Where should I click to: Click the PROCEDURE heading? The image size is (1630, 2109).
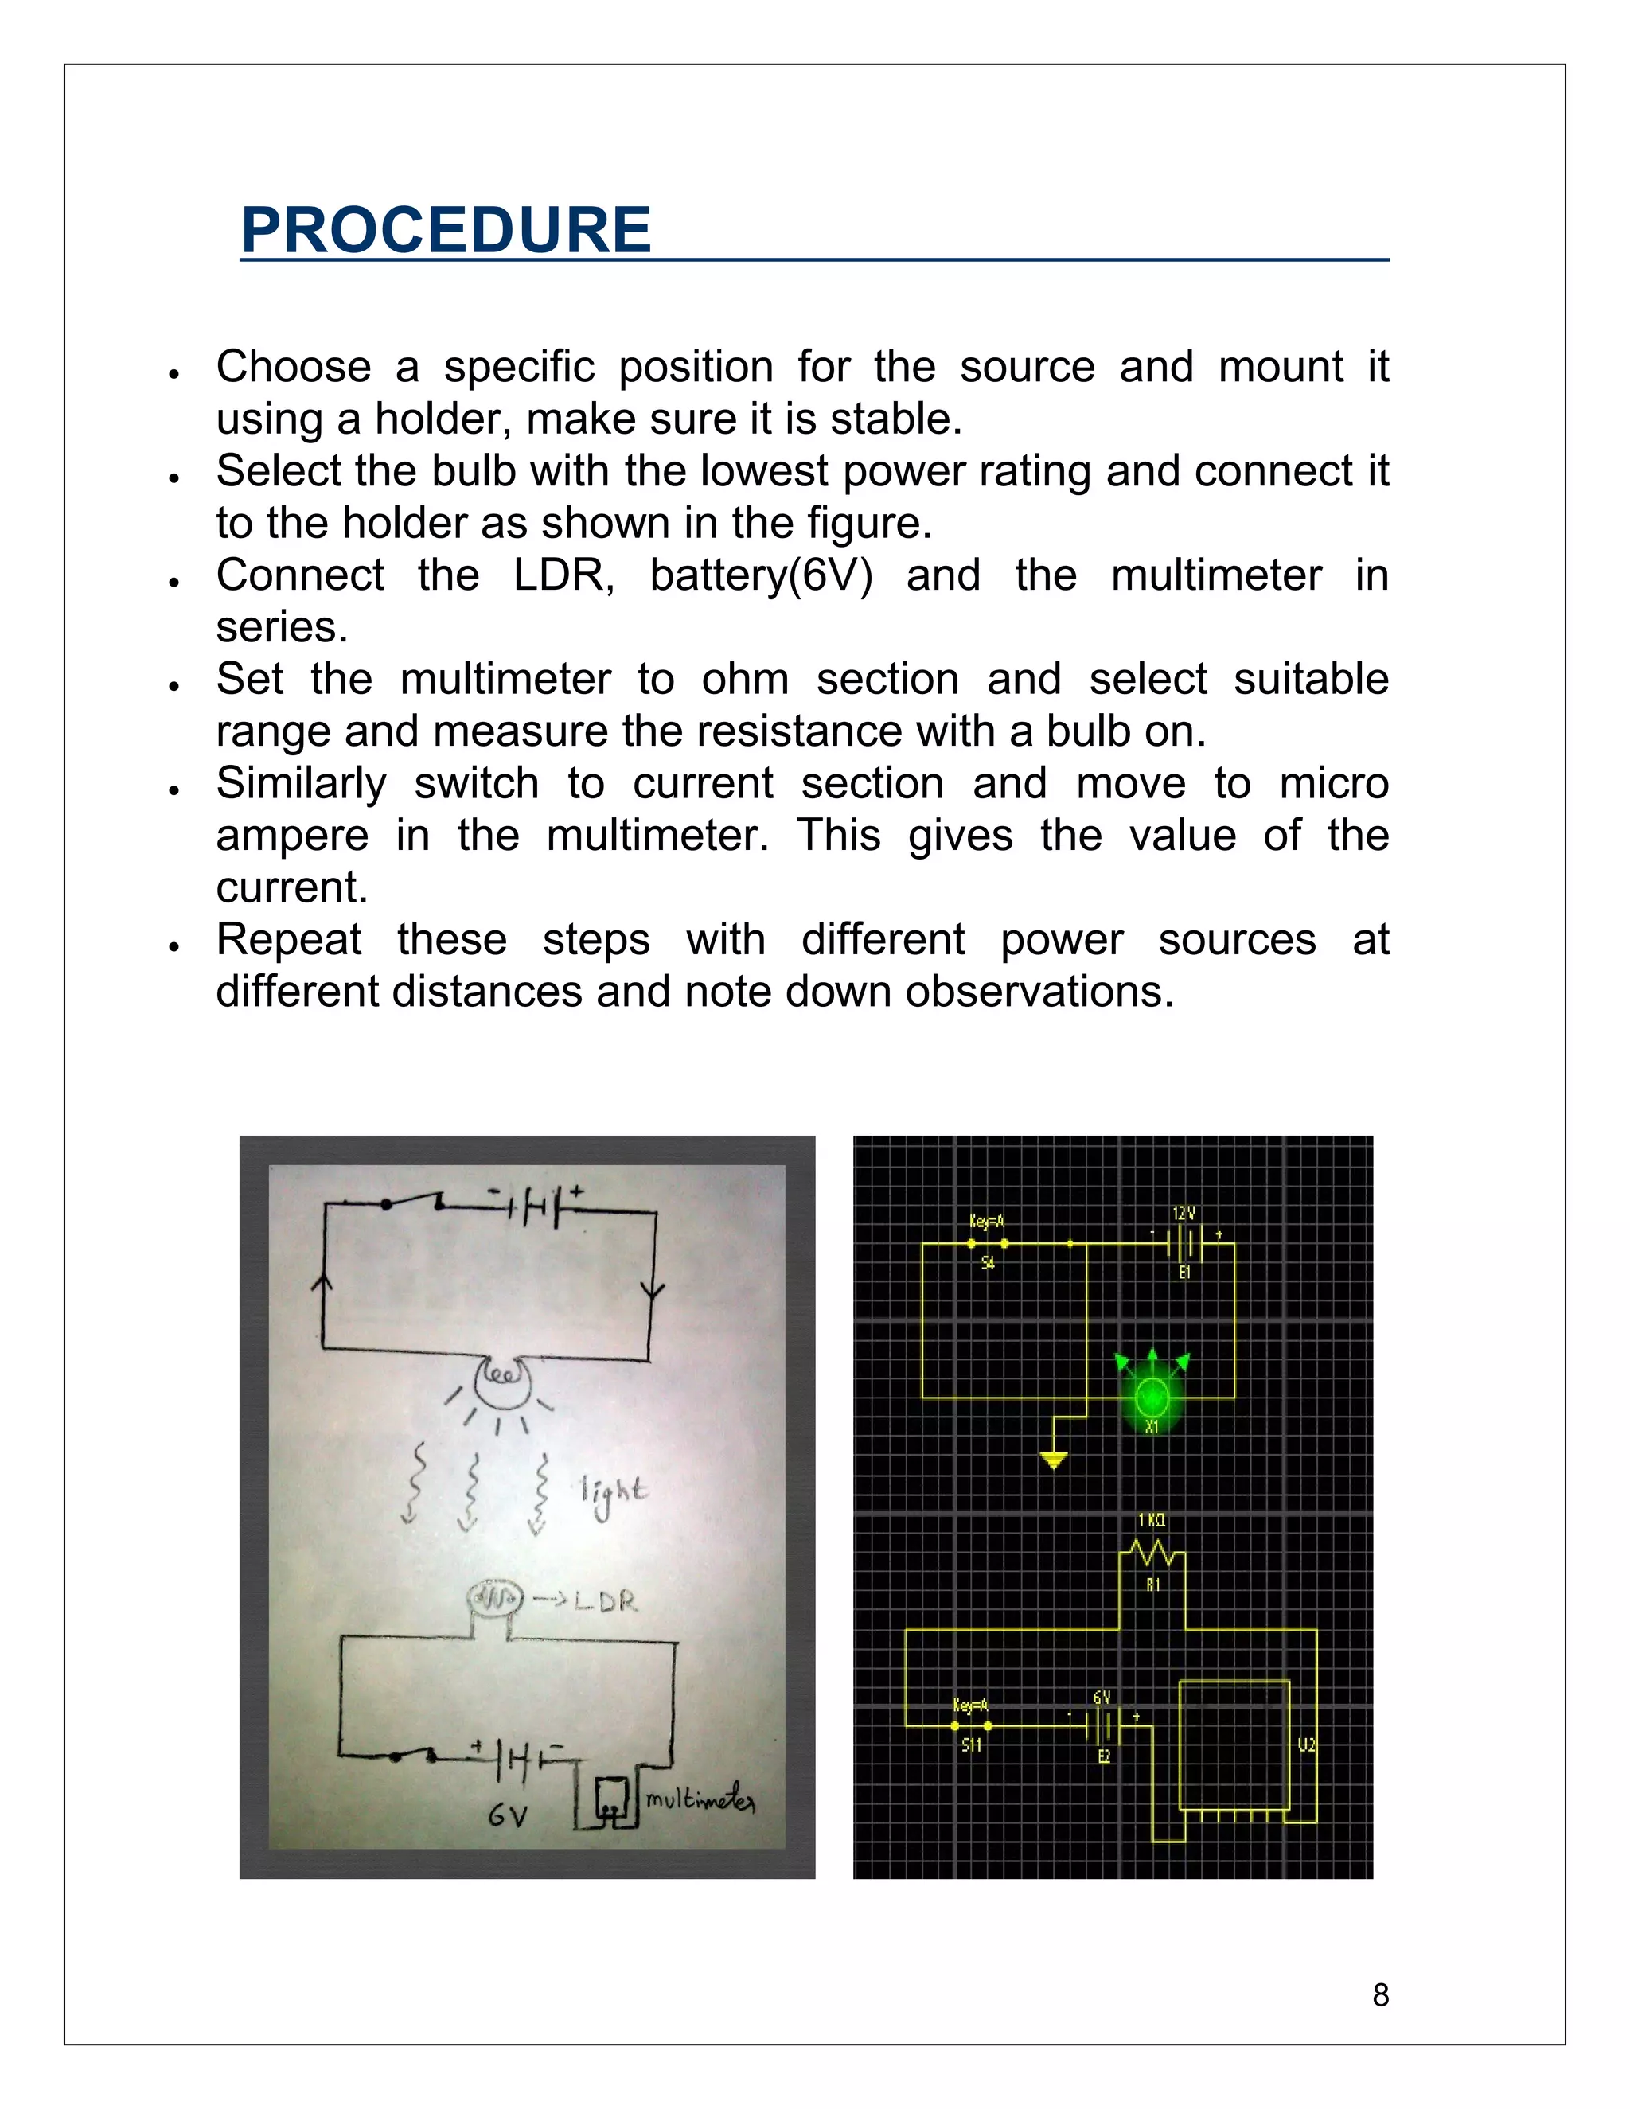pyautogui.click(x=446, y=231)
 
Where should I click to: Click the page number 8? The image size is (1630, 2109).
pyautogui.click(x=1380, y=1994)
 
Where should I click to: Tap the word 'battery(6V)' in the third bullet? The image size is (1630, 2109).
pyautogui.click(x=761, y=575)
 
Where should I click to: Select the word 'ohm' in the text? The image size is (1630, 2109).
pyautogui.click(x=744, y=680)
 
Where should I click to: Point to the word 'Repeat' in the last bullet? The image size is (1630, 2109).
pyautogui.click(x=289, y=940)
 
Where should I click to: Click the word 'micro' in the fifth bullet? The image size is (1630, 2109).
pyautogui.click(x=1334, y=783)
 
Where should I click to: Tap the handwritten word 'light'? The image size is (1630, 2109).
pyautogui.click(x=613, y=1494)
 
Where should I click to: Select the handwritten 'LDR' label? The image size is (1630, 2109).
pyautogui.click(x=606, y=1602)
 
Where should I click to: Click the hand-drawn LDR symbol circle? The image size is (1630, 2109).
pyautogui.click(x=494, y=1599)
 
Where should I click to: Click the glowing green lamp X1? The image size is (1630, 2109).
pyautogui.click(x=1151, y=1397)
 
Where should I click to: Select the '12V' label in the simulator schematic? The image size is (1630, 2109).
pyautogui.click(x=1184, y=1213)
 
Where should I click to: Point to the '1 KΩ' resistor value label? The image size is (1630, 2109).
pyautogui.click(x=1151, y=1520)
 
